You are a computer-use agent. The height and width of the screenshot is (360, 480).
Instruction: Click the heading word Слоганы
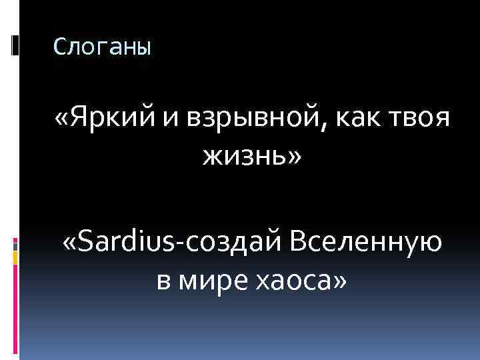[102, 46]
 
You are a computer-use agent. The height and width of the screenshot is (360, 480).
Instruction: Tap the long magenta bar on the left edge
[15, 307]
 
